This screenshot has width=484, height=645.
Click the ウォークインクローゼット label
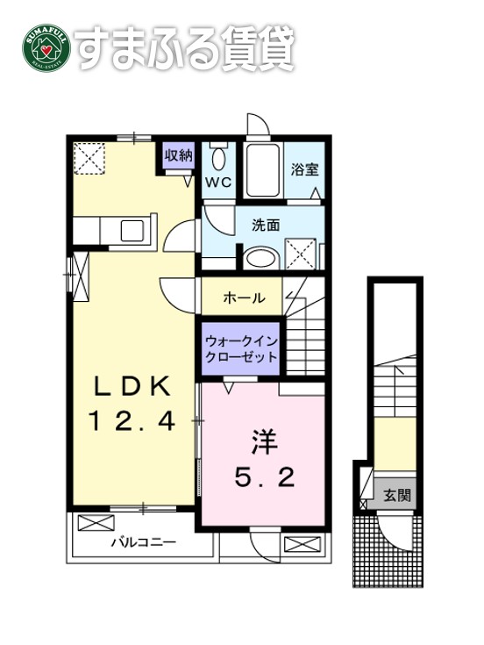tap(241, 349)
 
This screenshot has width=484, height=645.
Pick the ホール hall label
tap(243, 298)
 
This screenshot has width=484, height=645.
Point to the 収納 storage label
tap(179, 156)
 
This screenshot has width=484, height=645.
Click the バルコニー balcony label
tap(143, 542)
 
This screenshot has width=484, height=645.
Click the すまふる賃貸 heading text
tap(184, 50)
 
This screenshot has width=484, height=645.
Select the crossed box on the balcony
tap(90, 524)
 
